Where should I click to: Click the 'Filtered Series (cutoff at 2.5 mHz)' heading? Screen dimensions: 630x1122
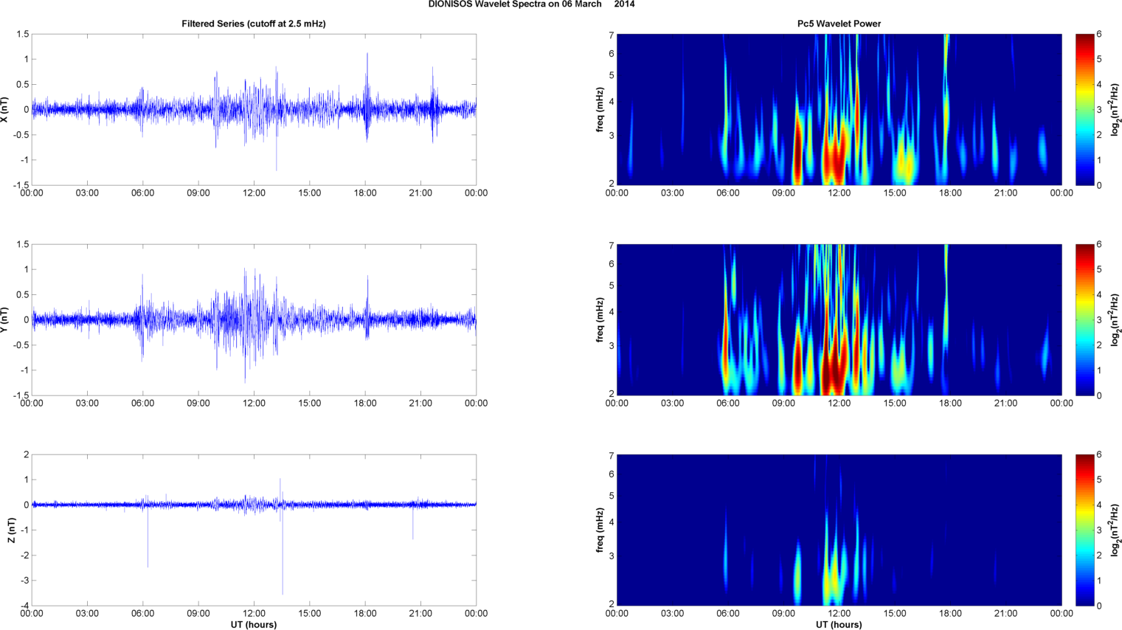pos(253,24)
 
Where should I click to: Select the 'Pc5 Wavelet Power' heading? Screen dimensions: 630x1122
pos(839,24)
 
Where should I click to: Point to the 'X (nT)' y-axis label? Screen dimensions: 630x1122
pos(5,110)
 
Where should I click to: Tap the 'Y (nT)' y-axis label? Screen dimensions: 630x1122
pos(5,320)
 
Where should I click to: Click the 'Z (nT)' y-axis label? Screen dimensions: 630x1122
pos(12,530)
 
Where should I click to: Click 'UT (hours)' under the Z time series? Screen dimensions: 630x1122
pos(253,625)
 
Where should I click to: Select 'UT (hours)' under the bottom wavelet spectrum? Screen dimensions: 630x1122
pos(839,625)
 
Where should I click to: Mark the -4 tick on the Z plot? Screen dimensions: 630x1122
pos(24,606)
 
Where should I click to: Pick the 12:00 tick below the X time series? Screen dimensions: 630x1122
pos(254,193)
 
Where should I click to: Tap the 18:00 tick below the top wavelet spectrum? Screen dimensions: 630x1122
pos(950,193)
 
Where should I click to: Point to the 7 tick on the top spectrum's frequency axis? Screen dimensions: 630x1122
pos(612,35)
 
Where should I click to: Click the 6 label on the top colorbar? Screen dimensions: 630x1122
pos(1099,35)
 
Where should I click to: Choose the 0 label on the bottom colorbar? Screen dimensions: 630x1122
pos(1099,606)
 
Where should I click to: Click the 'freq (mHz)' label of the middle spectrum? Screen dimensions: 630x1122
pos(600,320)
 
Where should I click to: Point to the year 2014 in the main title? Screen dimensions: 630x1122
pos(624,4)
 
